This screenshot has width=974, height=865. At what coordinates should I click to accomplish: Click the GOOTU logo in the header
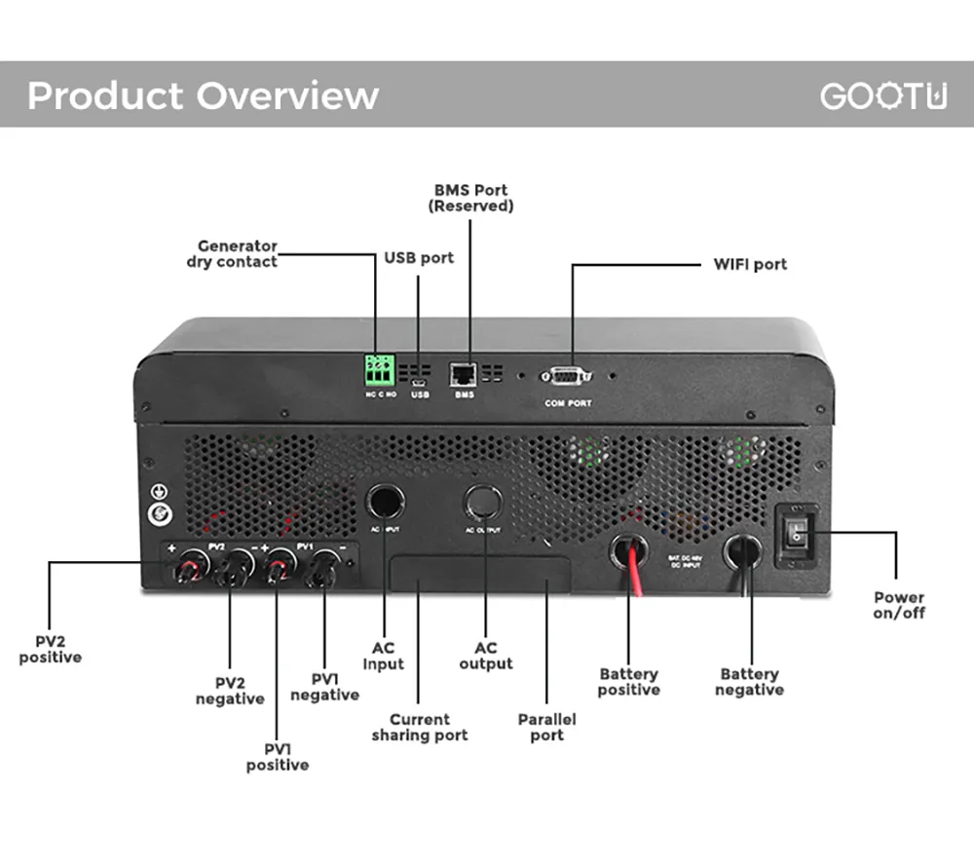(882, 95)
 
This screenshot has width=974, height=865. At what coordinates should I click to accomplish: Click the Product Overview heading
(203, 95)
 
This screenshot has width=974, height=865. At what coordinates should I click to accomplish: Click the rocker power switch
(797, 535)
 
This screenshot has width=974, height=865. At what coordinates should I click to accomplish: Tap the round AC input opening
(385, 501)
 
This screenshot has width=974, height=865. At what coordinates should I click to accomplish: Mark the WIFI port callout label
(750, 264)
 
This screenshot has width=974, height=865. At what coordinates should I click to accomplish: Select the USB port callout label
(419, 258)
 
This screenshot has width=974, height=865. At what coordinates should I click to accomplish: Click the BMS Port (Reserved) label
(470, 198)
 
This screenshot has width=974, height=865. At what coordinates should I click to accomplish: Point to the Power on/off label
(898, 605)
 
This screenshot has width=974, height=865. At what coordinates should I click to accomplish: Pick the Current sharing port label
(419, 727)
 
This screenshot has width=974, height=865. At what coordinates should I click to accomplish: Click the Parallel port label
(546, 727)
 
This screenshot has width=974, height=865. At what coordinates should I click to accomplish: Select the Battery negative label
(749, 681)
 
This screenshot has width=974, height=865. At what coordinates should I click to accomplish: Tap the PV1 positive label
(277, 757)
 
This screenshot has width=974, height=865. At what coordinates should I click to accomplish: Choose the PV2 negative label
(230, 691)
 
